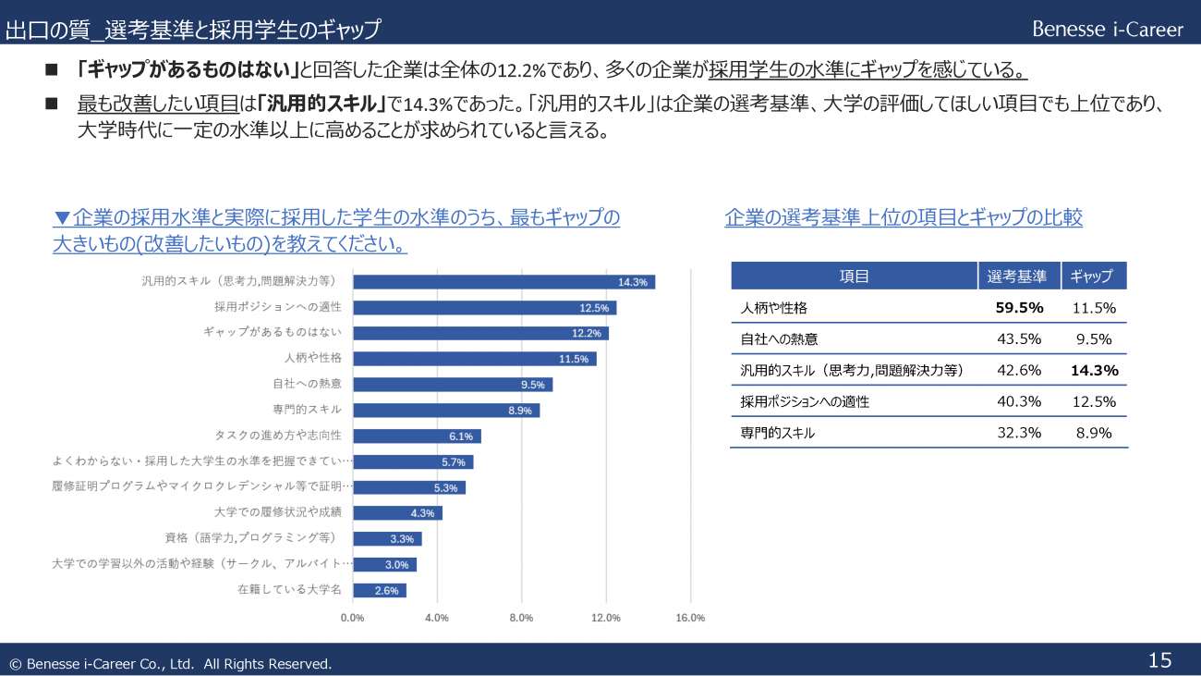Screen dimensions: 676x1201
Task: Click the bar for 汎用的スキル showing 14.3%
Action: point(503,282)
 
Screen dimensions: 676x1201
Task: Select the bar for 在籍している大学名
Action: point(380,590)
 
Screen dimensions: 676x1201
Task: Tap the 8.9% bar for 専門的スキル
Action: point(446,411)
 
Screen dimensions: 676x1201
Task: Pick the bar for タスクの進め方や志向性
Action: point(417,436)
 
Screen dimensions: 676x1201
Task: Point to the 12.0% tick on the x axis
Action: point(606,618)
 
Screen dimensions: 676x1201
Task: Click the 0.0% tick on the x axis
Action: point(352,618)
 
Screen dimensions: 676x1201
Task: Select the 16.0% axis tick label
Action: point(690,618)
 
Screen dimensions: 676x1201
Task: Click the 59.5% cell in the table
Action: point(1019,308)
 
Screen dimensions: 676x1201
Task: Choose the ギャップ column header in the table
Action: point(1094,277)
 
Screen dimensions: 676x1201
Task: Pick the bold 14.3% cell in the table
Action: point(1094,371)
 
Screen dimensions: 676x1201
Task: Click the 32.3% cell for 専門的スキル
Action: point(1019,433)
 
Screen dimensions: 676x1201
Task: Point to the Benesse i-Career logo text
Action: point(1107,30)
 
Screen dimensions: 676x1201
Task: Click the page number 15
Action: point(1159,660)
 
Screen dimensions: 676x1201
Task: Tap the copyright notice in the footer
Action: point(170,664)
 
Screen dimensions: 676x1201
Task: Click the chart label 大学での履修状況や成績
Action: point(278,512)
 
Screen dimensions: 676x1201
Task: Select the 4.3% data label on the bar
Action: point(423,513)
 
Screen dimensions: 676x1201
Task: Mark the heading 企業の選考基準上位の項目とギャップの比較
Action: point(904,218)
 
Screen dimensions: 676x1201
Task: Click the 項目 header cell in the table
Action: point(854,277)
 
